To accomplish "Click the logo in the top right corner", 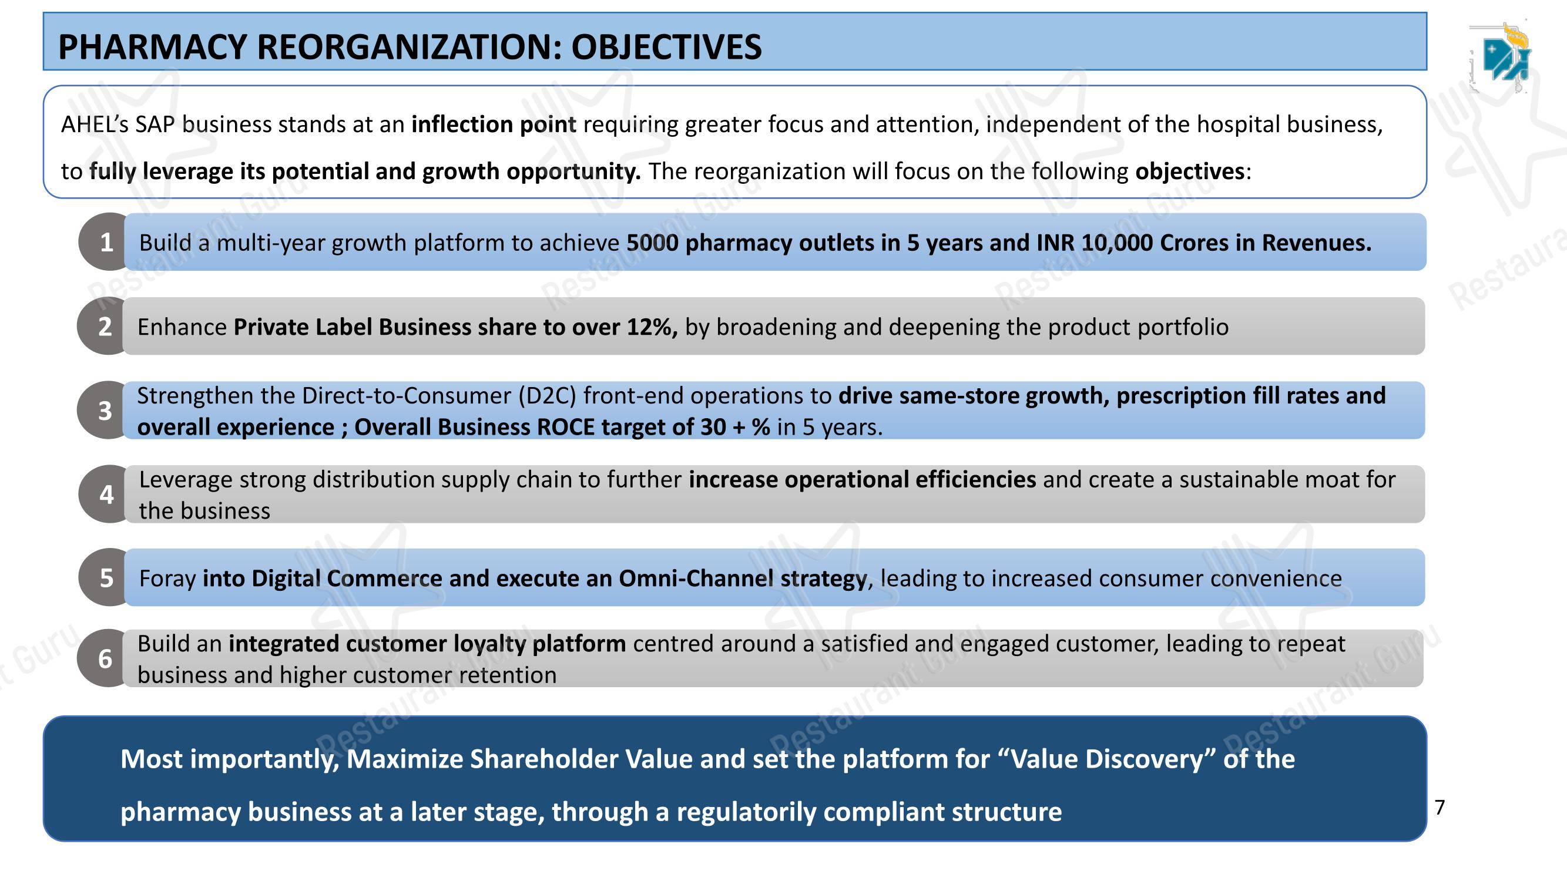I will pos(1502,58).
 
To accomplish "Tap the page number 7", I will pos(1440,808).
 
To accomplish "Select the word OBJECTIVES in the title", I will pos(666,47).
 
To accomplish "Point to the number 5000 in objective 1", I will pos(652,243).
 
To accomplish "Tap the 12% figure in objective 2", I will pos(652,327).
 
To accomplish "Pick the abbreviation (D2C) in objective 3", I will pos(547,396).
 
